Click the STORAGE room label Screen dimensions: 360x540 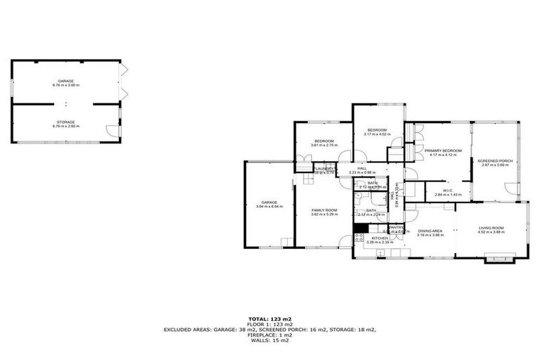coord(66,122)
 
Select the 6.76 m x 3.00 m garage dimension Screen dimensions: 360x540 coord(66,85)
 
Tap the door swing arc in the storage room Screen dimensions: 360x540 coord(111,130)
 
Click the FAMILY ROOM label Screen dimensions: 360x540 coord(324,210)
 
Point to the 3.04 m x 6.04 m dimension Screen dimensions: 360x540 coord(269,206)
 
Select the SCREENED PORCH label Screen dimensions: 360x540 coord(495,160)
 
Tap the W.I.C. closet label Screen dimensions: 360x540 coord(442,190)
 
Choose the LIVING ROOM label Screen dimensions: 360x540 coord(491,228)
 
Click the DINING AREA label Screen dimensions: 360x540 coord(430,231)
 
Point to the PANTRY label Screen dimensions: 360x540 coord(395,227)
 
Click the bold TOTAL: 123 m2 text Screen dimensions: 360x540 coord(269,319)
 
